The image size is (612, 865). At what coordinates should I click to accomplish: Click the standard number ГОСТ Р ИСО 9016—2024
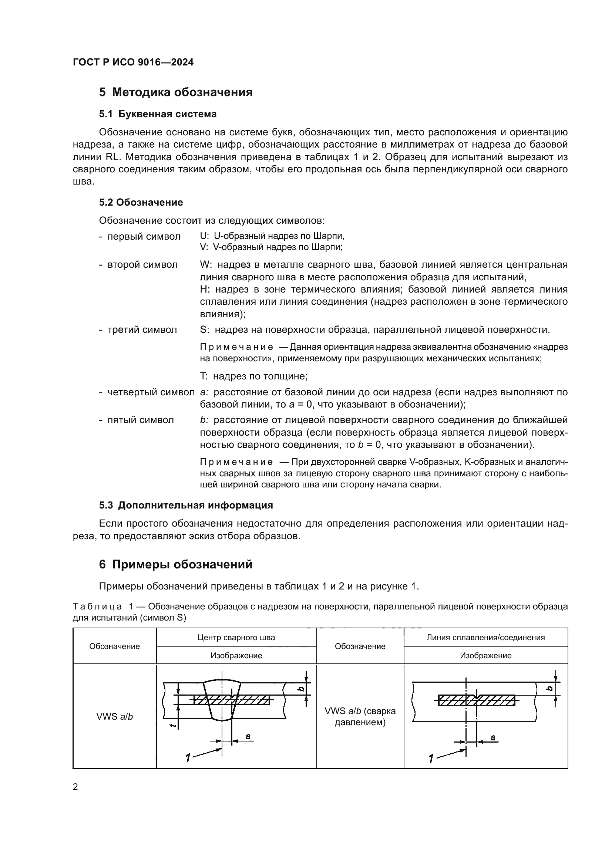(133, 62)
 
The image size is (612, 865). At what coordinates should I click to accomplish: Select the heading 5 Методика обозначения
(176, 92)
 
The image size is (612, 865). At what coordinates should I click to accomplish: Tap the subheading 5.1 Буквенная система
(158, 114)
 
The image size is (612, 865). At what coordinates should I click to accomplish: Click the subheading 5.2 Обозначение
(141, 202)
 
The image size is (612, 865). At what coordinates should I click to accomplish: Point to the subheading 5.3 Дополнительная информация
(186, 505)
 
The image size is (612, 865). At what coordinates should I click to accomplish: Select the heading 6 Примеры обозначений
(176, 564)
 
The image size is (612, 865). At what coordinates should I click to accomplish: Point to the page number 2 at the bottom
(75, 787)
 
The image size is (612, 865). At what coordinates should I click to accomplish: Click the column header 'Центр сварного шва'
(236, 638)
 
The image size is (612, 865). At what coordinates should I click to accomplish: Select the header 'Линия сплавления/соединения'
(485, 638)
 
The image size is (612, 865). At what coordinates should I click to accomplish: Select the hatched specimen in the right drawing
(477, 700)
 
